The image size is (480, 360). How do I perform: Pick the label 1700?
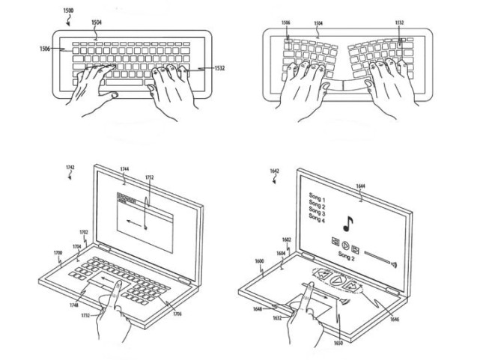coord(57,253)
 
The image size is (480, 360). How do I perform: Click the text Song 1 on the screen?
coord(318,196)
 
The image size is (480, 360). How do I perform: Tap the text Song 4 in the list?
coord(318,219)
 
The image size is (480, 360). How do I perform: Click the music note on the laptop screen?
coord(348,222)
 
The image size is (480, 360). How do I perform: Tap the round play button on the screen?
coord(345,244)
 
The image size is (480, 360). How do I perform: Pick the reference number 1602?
coord(287,240)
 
